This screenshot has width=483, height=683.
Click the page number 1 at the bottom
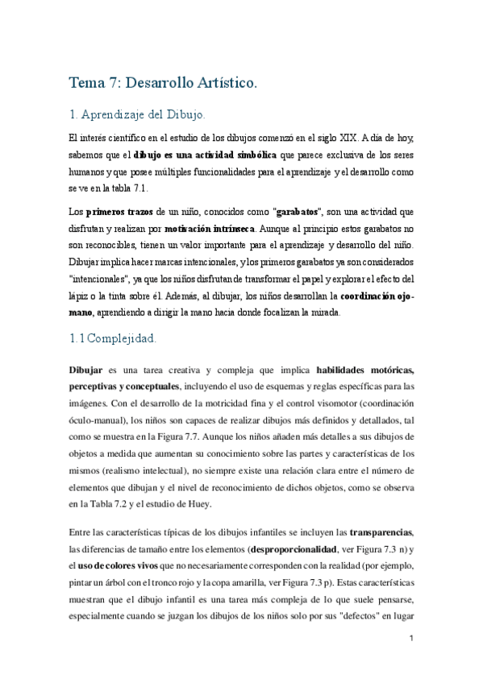click(410, 639)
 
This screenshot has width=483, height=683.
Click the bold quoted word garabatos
click(298, 212)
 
